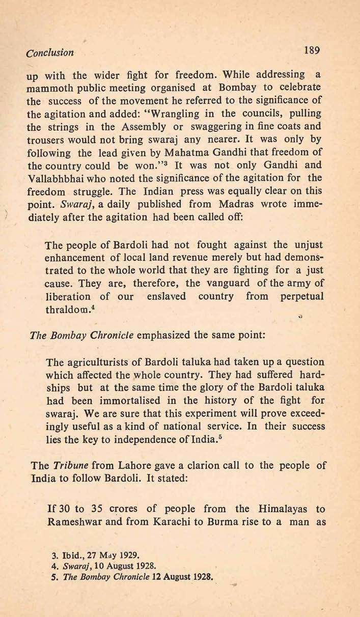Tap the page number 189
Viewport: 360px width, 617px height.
click(310, 50)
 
